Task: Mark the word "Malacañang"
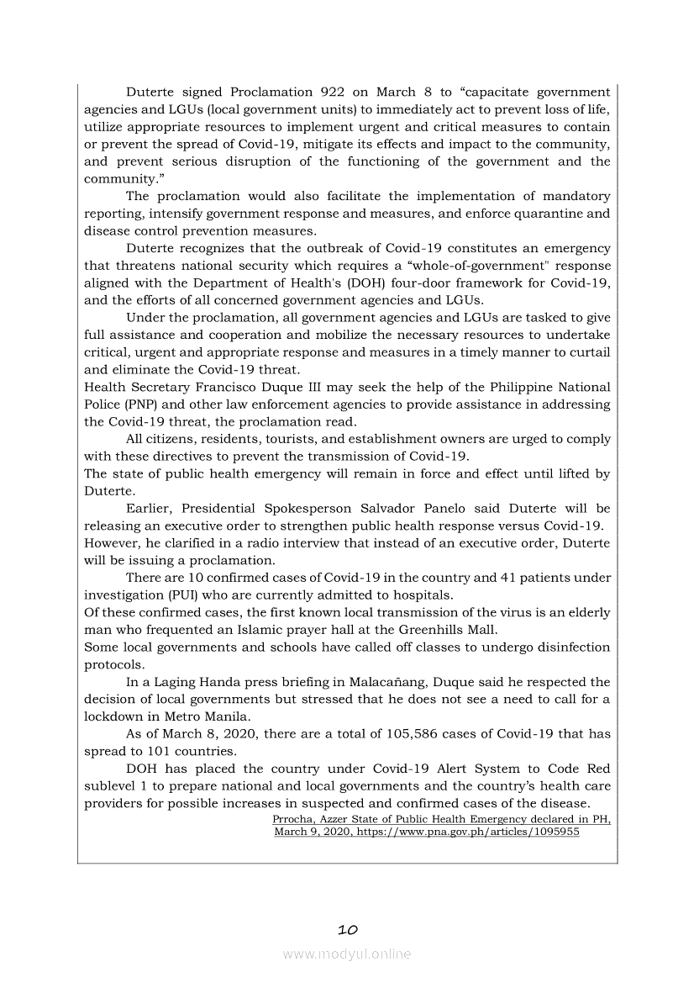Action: (x=400, y=682)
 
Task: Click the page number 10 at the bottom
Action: (x=348, y=929)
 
